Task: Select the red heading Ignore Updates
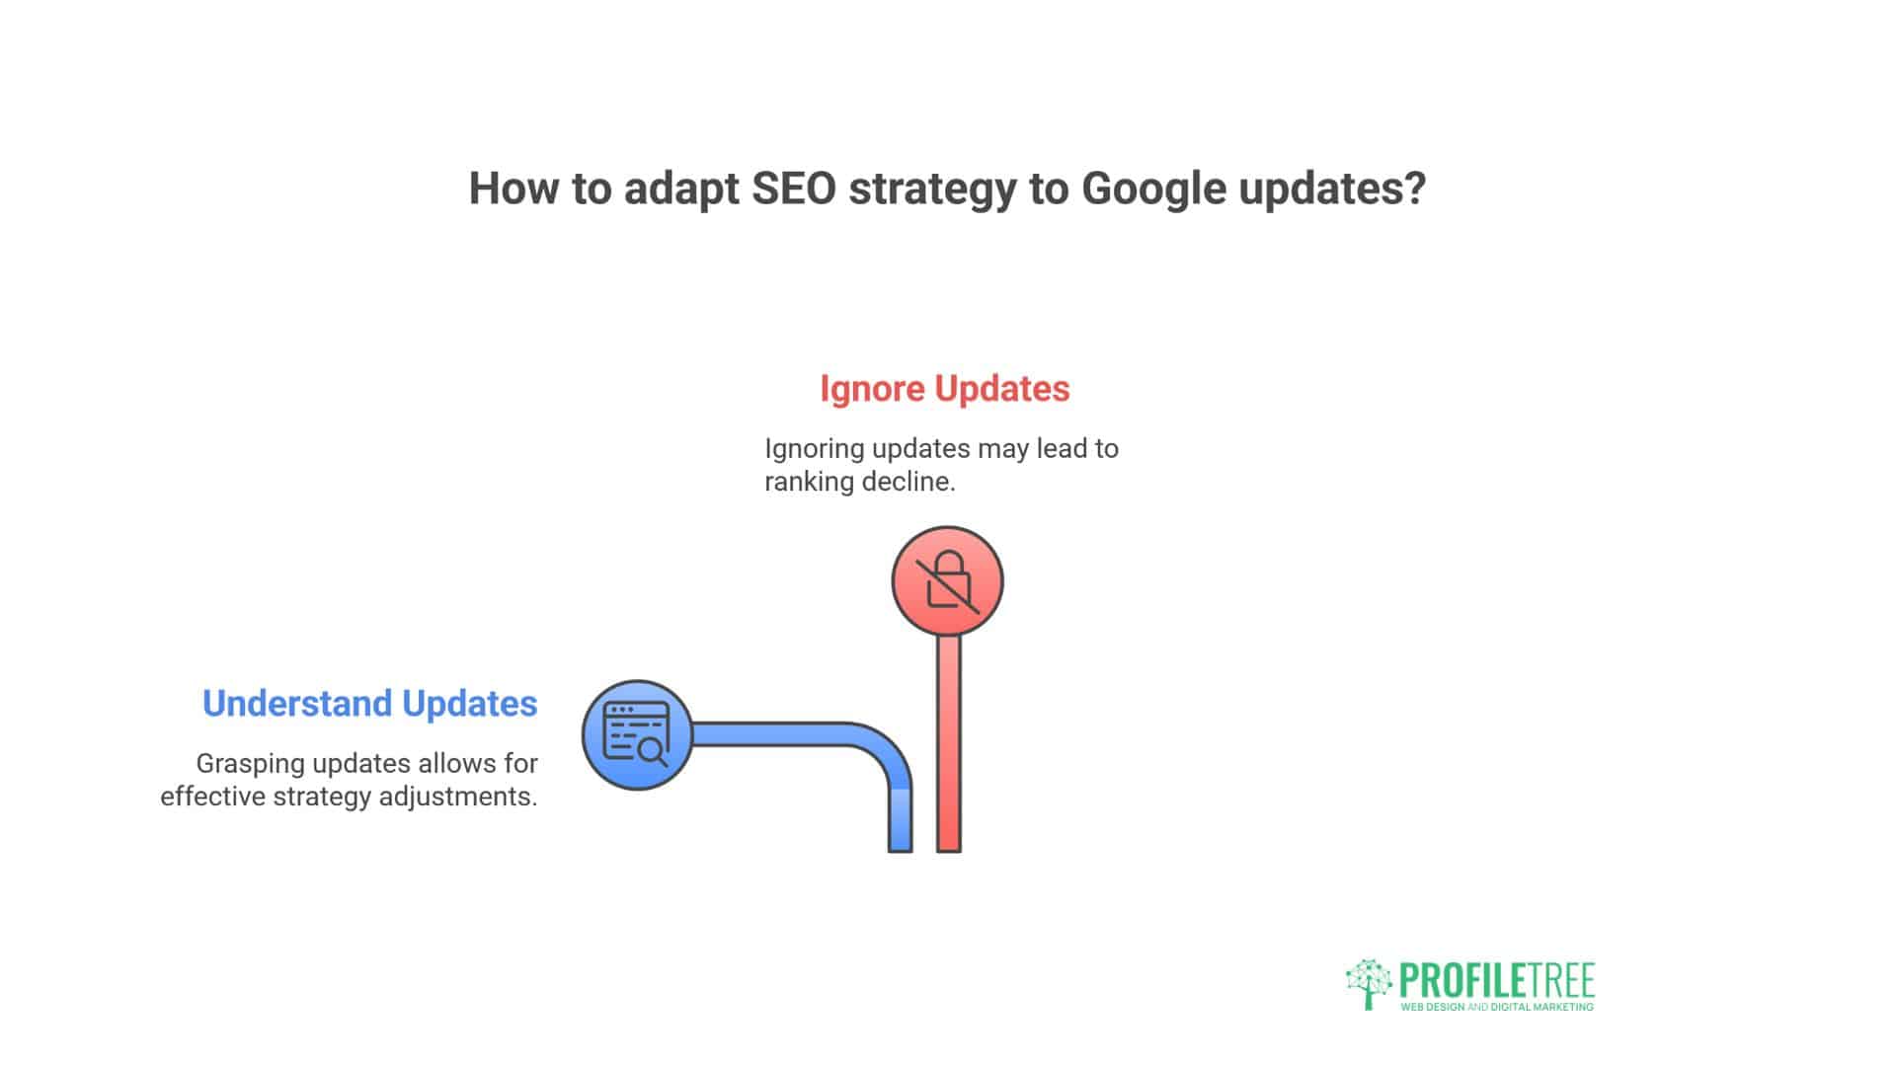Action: pyautogui.click(x=944, y=389)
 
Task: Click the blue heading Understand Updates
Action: pyautogui.click(x=369, y=704)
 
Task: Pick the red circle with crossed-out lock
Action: pyautogui.click(x=947, y=581)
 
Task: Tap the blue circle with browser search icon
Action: pyautogui.click(x=637, y=734)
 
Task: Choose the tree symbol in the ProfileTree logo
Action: pyautogui.click(x=1369, y=982)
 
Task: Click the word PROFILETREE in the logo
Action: pyautogui.click(x=1497, y=981)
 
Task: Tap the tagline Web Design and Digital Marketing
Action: pyautogui.click(x=1497, y=1008)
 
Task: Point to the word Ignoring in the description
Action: pyautogui.click(x=815, y=449)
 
